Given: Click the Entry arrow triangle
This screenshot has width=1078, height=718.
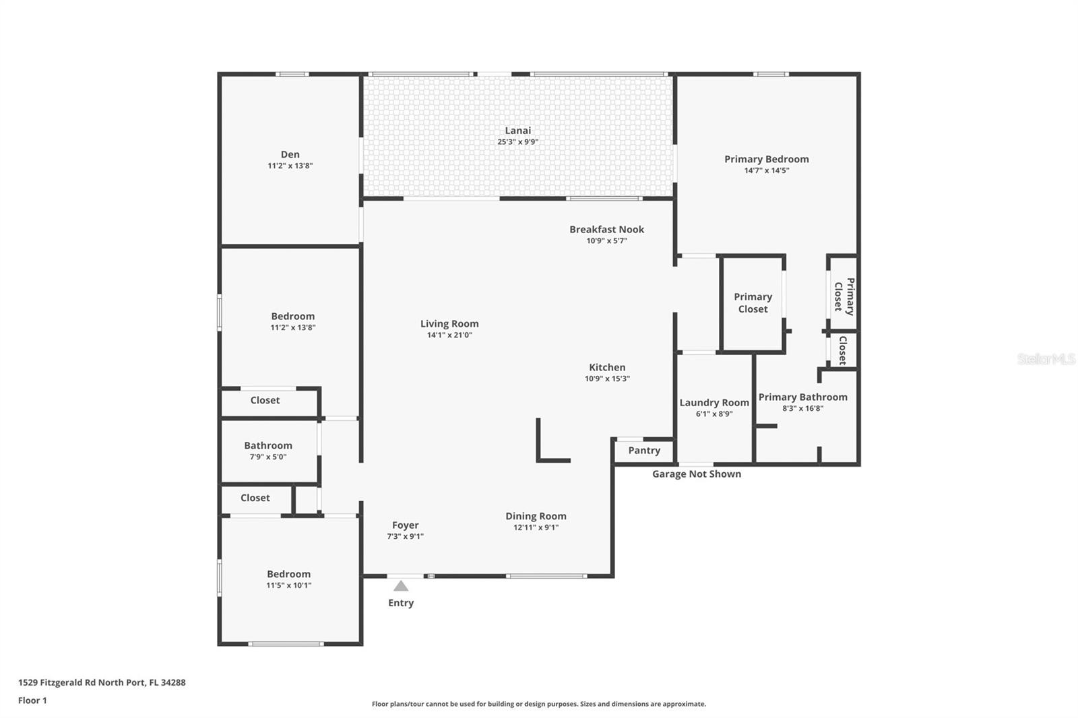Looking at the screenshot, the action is [x=401, y=586].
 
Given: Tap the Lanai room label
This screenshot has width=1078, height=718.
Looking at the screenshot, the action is [x=518, y=131].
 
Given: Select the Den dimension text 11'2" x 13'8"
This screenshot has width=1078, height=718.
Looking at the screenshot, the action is [x=290, y=166].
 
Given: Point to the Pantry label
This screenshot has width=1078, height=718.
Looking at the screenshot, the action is [x=644, y=451].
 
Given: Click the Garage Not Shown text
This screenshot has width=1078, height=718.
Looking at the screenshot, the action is [x=697, y=474].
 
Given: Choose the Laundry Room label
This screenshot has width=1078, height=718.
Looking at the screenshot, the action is [x=714, y=403].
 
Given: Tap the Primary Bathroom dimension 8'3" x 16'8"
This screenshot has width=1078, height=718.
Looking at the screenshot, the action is [x=802, y=409].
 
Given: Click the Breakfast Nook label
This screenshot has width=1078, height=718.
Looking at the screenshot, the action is [x=607, y=230].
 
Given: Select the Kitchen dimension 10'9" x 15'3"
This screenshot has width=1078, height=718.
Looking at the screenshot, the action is [x=607, y=379].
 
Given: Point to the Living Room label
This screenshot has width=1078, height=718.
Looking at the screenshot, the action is [x=449, y=324].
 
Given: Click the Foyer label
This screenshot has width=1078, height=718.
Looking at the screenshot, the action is [x=405, y=525].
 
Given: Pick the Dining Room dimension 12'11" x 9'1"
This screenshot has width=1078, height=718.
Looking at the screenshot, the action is [x=536, y=527].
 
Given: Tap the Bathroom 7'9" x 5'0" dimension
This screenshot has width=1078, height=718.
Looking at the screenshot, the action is [x=268, y=457].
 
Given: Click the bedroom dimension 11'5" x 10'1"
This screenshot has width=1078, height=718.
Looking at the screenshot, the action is [x=289, y=586].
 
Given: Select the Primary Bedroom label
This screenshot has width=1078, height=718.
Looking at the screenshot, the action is [x=767, y=159].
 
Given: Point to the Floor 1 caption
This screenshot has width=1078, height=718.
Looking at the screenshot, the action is [x=33, y=700].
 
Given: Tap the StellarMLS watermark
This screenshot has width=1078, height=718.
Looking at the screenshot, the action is [x=1046, y=359].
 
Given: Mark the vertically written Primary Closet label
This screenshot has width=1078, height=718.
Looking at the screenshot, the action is [x=844, y=296].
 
